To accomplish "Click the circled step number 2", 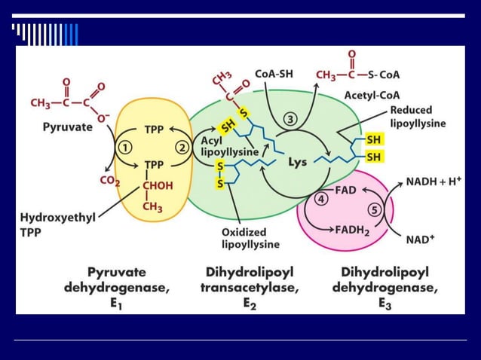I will point(182,147).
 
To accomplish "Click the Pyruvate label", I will point(67,127).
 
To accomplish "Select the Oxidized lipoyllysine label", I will point(250,237).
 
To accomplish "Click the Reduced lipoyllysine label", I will point(418,116).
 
